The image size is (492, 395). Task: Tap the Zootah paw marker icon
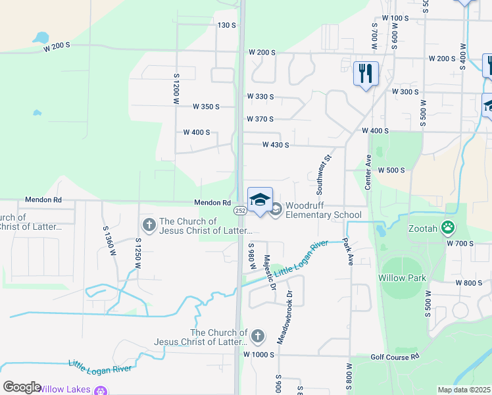[448, 228]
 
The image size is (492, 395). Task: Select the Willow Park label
[402, 278]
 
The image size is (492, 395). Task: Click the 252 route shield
[239, 210]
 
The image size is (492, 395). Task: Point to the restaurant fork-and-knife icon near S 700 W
[366, 72]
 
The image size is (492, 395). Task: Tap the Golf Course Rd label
[395, 357]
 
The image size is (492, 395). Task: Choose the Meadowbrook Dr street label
[289, 316]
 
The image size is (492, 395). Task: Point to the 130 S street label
[226, 25]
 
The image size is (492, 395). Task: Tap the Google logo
[21, 387]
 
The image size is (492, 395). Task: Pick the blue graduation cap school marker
[260, 199]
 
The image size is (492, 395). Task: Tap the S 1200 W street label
[176, 88]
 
